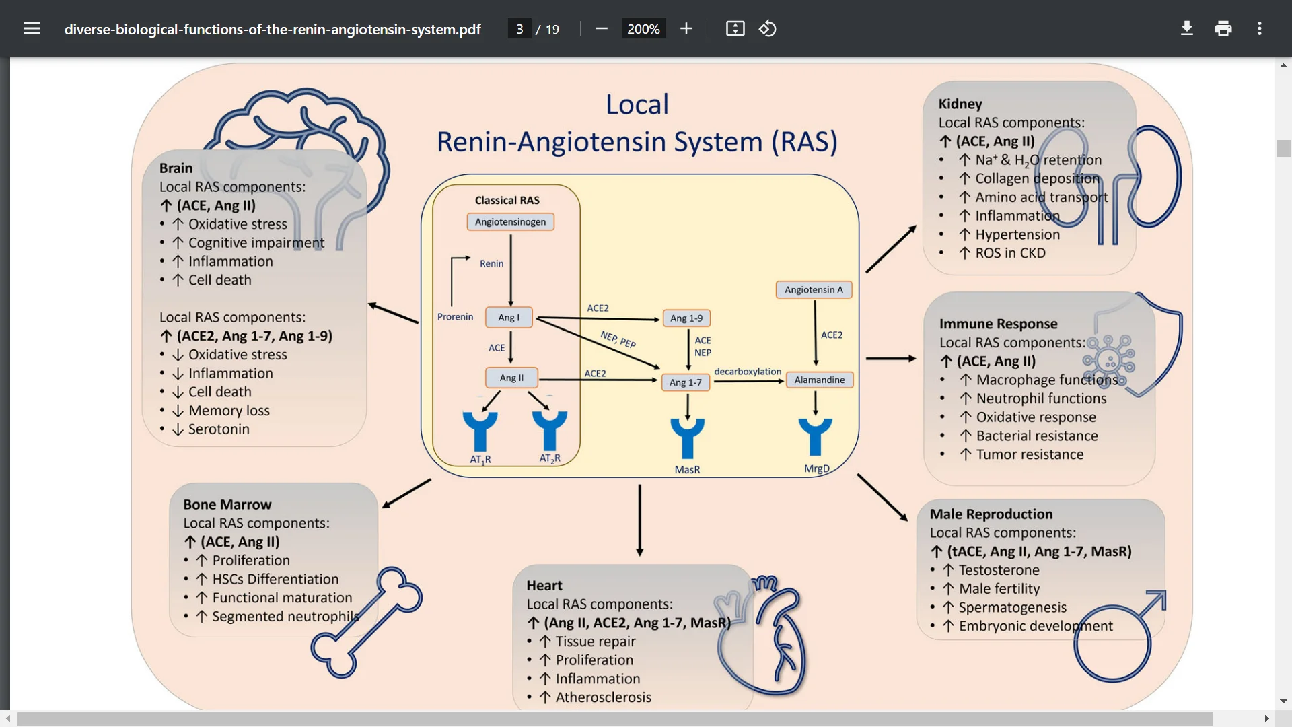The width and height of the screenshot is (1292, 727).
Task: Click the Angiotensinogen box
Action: tap(510, 222)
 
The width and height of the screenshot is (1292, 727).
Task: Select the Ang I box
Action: tap(509, 318)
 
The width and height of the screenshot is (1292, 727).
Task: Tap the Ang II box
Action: tap(511, 378)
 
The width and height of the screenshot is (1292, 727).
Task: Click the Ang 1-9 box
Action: tap(686, 318)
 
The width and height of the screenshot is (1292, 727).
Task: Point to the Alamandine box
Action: tap(819, 380)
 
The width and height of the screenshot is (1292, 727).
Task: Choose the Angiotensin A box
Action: tap(814, 290)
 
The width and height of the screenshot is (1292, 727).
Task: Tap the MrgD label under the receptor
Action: tap(816, 469)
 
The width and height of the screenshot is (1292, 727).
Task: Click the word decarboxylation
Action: tap(748, 372)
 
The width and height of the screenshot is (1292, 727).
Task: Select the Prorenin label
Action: tap(455, 317)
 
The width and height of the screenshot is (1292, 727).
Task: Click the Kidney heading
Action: tap(960, 104)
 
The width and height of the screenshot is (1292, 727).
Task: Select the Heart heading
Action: tap(544, 586)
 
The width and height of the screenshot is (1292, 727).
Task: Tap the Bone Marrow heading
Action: tap(227, 504)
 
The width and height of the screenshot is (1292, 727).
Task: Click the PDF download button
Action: tap(1187, 28)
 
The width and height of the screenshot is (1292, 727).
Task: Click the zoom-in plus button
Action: tap(686, 28)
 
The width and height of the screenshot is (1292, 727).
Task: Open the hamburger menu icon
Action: tap(32, 28)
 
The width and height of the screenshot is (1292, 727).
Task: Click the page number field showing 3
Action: tap(519, 29)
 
